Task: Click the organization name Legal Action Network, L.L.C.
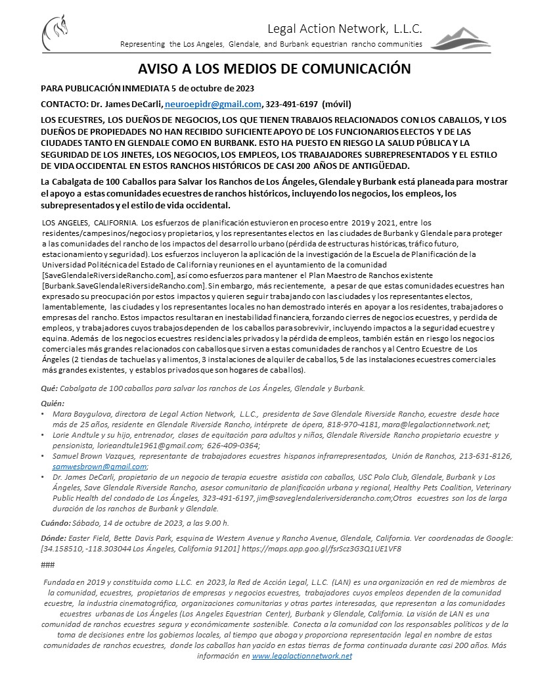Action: pyautogui.click(x=344, y=28)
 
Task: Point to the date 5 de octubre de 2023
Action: pyautogui.click(x=213, y=88)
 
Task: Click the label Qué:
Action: pyautogui.click(x=49, y=388)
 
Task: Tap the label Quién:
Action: pyautogui.click(x=53, y=403)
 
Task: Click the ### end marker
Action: pyautogui.click(x=47, y=565)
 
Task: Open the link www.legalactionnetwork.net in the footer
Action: pyautogui.click(x=301, y=657)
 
